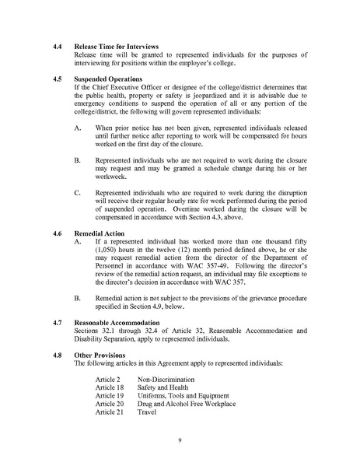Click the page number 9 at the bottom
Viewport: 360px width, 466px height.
tap(179, 440)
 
